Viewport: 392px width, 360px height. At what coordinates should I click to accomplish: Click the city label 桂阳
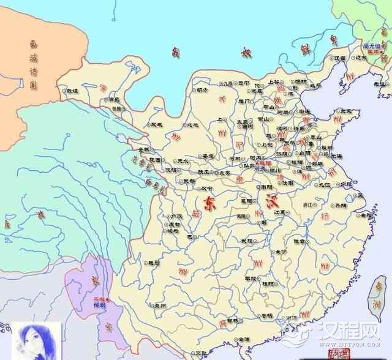click(x=268, y=283)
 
